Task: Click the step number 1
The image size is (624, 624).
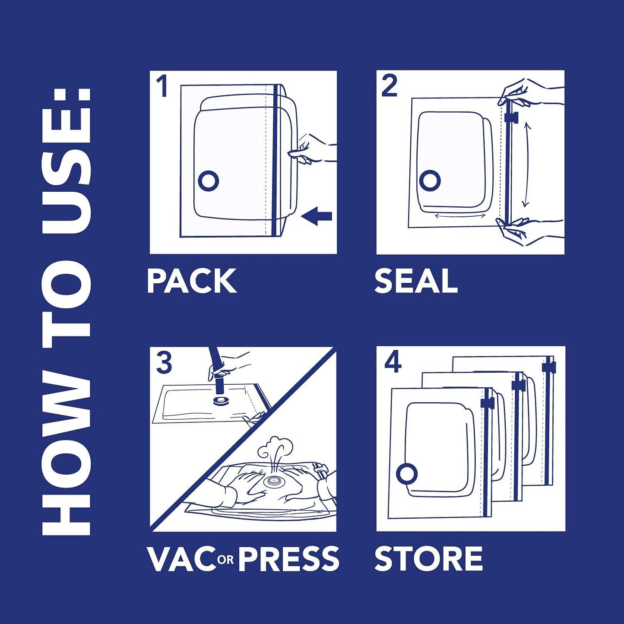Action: pyautogui.click(x=162, y=86)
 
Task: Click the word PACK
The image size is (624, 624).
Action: pyautogui.click(x=192, y=281)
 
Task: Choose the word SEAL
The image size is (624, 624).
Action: pyautogui.click(x=416, y=281)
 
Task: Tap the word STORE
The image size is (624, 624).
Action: pyautogui.click(x=428, y=558)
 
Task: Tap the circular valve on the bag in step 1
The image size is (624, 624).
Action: pyautogui.click(x=209, y=181)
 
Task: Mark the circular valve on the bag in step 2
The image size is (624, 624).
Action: pyautogui.click(x=430, y=181)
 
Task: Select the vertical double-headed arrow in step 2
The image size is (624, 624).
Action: pyautogui.click(x=526, y=165)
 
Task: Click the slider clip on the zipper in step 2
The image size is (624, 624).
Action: pyautogui.click(x=510, y=117)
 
